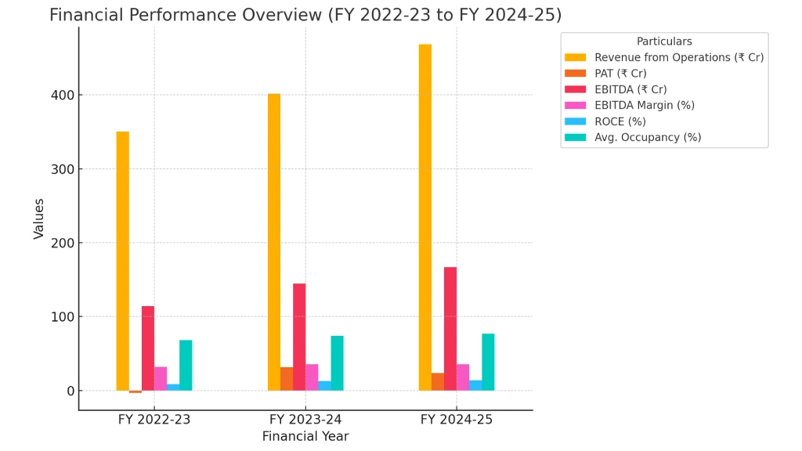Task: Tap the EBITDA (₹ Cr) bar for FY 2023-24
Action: pyautogui.click(x=299, y=337)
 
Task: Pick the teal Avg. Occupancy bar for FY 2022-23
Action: pyautogui.click(x=186, y=365)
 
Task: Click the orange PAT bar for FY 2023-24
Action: pyautogui.click(x=287, y=379)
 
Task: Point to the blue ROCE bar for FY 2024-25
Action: pyautogui.click(x=475, y=385)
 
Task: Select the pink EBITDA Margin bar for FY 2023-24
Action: pyautogui.click(x=312, y=377)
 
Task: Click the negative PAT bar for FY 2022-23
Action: pyautogui.click(x=135, y=391)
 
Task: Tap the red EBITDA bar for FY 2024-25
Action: pyautogui.click(x=450, y=329)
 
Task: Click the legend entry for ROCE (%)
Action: pyautogui.click(x=620, y=121)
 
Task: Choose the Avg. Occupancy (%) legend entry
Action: pyautogui.click(x=647, y=138)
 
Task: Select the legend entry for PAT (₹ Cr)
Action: pyautogui.click(x=620, y=74)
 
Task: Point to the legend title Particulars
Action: pyautogui.click(x=664, y=41)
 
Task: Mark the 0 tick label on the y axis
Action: pyautogui.click(x=70, y=391)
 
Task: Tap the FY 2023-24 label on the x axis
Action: pyautogui.click(x=305, y=420)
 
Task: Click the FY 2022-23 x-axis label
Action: pyautogui.click(x=154, y=420)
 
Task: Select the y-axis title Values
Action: pyautogui.click(x=39, y=218)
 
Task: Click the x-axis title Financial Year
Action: pyautogui.click(x=305, y=437)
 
